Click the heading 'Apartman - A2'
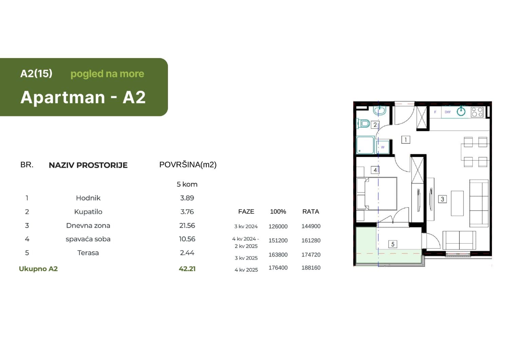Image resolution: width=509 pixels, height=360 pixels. click(83, 97)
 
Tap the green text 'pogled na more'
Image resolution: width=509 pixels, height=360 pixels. click(107, 74)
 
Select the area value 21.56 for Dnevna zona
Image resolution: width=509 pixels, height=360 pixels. click(187, 226)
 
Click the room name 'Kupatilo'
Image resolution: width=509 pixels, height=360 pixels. click(88, 212)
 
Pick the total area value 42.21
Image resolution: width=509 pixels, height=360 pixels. click(187, 269)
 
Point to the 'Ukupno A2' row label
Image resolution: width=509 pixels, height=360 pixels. click(38, 269)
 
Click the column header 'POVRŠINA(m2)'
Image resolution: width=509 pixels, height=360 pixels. click(188, 165)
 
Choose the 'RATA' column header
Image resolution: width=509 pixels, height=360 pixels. click(310, 212)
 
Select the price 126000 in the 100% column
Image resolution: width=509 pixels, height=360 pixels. click(278, 226)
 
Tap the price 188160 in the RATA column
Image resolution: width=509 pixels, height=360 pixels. click(311, 268)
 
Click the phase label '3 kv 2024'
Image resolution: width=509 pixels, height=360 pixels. click(246, 226)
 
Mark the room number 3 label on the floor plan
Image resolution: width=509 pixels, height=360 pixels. click(442, 199)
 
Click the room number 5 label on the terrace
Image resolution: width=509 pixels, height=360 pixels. click(393, 244)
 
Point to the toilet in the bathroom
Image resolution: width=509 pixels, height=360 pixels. click(364, 123)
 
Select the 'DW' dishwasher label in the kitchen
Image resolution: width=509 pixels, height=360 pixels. click(448, 112)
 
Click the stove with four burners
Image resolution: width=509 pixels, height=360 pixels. click(477, 112)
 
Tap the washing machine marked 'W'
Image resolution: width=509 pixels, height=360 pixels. click(383, 147)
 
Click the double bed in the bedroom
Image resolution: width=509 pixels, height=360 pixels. click(380, 194)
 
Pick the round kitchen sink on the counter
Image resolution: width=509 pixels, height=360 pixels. click(461, 111)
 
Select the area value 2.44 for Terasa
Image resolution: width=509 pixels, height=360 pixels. click(187, 253)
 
